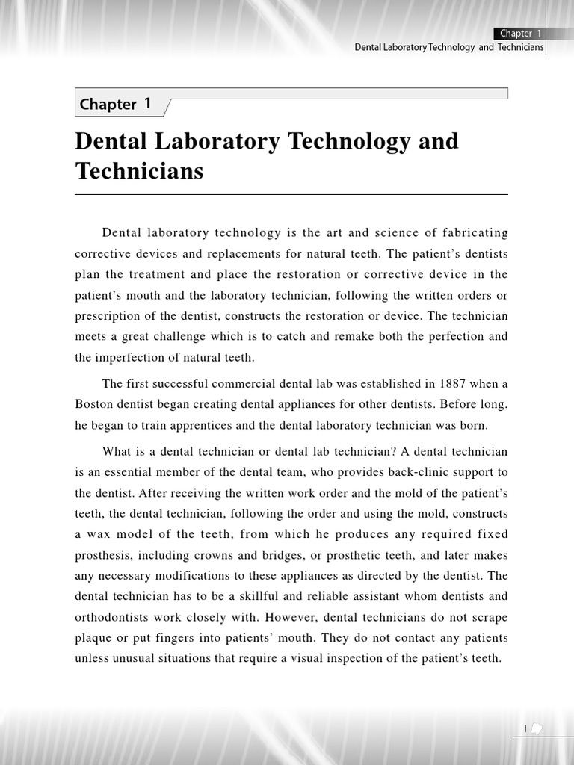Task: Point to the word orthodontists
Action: click(108, 617)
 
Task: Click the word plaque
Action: click(93, 638)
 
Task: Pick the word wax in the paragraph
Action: click(101, 534)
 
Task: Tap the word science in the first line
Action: click(371, 233)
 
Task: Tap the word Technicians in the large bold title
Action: click(139, 171)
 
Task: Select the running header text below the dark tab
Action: click(448, 47)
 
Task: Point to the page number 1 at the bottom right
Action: click(525, 729)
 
